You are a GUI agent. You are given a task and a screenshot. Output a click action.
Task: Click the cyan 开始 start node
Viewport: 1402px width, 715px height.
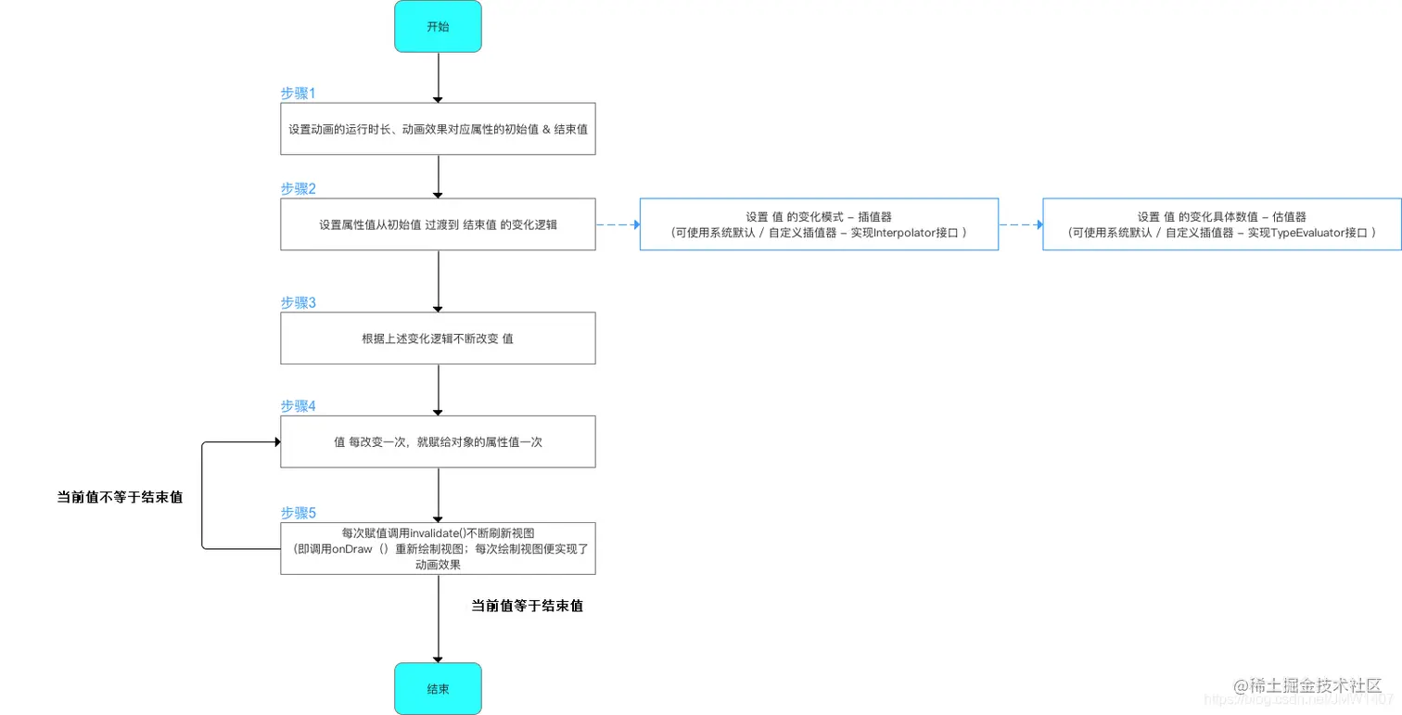[438, 26]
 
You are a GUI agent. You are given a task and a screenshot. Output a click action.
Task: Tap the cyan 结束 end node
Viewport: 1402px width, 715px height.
[438, 688]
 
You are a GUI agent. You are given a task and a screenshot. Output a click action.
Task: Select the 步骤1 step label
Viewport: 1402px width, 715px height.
[299, 94]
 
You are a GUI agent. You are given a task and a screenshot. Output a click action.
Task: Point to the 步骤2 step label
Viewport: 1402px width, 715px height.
[299, 188]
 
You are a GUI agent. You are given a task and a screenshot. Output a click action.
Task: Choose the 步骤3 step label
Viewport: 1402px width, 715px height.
[299, 302]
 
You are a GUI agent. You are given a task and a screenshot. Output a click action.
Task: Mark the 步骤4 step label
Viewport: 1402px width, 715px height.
[299, 406]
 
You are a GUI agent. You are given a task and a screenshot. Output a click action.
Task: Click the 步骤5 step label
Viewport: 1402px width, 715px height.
[299, 513]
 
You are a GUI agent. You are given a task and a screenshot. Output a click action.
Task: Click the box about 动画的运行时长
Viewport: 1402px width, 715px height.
[438, 128]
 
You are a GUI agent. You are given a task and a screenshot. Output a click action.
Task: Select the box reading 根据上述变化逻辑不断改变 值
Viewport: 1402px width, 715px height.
[438, 338]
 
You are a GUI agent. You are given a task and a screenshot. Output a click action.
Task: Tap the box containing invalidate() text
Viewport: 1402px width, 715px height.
[438, 548]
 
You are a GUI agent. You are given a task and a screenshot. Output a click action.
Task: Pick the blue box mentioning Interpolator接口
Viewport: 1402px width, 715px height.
[819, 223]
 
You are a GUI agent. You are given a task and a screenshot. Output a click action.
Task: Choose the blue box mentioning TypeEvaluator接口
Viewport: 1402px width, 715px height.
[1221, 223]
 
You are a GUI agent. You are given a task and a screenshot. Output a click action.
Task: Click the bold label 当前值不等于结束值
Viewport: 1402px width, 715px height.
[120, 498]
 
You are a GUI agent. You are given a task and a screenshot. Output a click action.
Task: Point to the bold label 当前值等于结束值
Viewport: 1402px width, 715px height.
[527, 606]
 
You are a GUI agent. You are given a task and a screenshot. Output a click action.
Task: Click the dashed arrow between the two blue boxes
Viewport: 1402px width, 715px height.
[1020, 224]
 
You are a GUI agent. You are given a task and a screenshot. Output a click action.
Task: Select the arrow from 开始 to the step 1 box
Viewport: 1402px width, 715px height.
[438, 77]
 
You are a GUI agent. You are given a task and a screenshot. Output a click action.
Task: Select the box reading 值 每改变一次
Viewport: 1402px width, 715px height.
[438, 441]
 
